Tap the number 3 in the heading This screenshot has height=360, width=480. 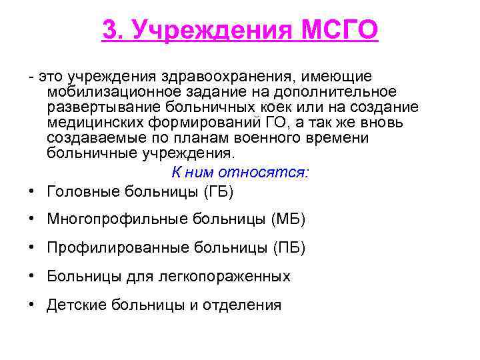[x=111, y=29]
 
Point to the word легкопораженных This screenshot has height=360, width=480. [x=235, y=277]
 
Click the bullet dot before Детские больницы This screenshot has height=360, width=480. [x=32, y=305]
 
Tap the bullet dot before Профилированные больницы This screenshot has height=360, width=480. [x=32, y=248]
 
